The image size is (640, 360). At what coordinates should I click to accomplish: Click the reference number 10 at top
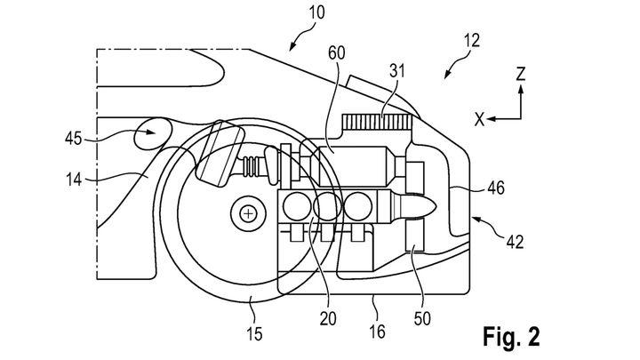pos(316,12)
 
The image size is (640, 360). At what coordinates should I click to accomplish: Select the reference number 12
pos(472,41)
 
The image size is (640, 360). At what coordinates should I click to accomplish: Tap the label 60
pos(336,53)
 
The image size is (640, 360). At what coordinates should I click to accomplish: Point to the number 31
pos(396,70)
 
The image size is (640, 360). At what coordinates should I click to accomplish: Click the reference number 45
pos(74,139)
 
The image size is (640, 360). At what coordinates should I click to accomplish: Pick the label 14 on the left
pos(74,180)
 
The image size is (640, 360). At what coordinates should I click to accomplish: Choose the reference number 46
pos(496,188)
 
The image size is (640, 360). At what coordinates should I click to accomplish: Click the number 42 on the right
pos(515,243)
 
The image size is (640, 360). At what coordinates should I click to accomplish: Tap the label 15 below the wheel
pos(254,334)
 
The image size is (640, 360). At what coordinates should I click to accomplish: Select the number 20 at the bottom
pos(328,319)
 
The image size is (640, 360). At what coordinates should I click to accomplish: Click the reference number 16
pos(377,332)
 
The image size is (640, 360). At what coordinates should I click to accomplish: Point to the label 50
pos(422,319)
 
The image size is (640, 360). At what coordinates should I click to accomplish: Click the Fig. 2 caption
pos(511,337)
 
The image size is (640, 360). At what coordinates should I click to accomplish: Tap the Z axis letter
pos(520,75)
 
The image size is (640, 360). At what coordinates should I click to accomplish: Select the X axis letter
pos(480,120)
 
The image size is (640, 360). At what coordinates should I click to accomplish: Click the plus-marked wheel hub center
pos(248,213)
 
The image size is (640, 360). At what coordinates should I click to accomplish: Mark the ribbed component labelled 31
pos(375,122)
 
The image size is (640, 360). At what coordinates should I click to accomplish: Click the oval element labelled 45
pos(153,133)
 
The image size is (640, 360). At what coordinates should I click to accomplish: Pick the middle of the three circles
pos(328,205)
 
